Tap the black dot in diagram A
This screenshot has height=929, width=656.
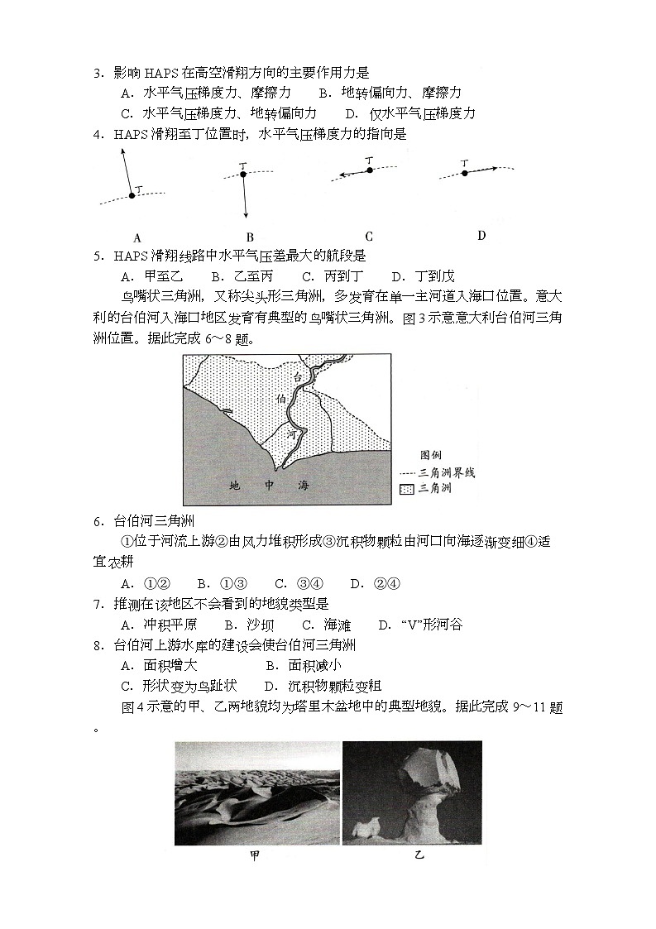131,196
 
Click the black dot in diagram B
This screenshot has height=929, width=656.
242,174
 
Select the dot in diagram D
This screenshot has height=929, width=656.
464,173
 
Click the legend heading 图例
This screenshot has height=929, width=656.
432,455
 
